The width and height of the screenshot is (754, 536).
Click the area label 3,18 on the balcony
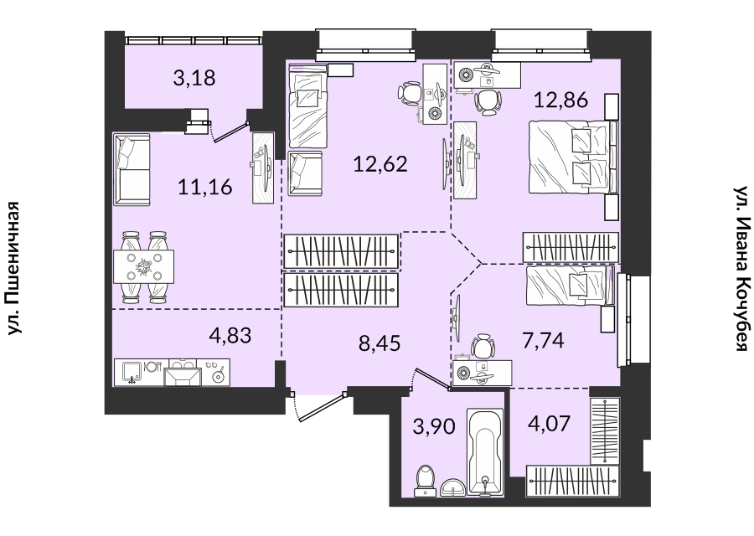click(194, 78)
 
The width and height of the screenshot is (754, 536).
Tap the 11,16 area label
click(205, 187)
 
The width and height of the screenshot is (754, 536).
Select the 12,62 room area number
click(380, 164)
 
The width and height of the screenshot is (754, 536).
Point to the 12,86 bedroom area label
click(561, 100)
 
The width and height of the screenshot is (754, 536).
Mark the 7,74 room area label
click(544, 340)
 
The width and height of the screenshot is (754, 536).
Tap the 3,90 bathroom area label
click(434, 425)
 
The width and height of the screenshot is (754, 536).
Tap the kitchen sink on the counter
click(130, 373)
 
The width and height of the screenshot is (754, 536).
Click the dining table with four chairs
click(143, 267)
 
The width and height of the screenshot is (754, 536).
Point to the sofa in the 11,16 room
click(132, 168)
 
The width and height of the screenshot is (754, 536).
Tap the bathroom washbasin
click(452, 487)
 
